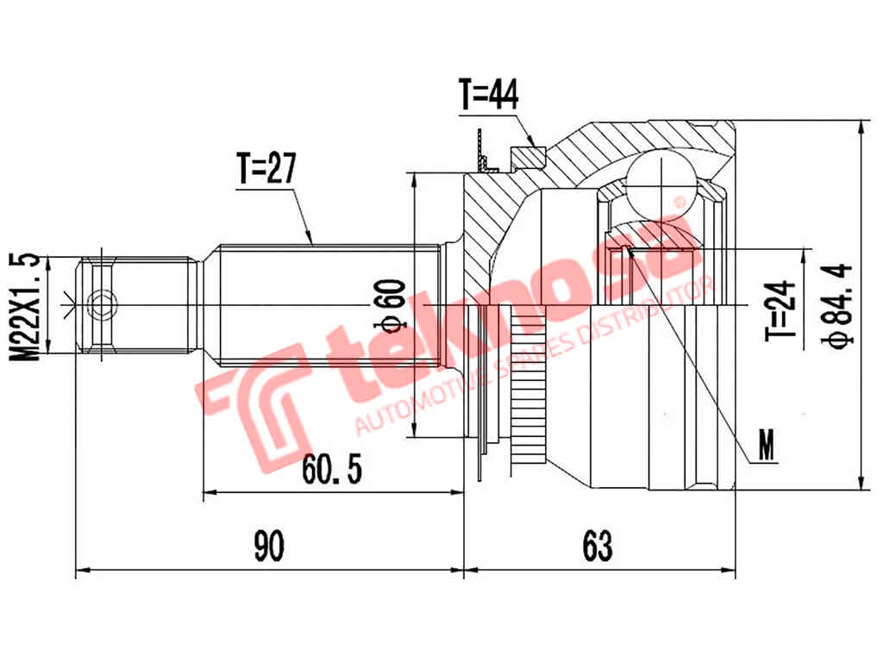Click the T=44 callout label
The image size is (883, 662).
tap(488, 95)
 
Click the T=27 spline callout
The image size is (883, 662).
tap(266, 168)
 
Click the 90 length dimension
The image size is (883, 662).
tap(269, 546)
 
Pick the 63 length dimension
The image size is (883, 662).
tap(597, 546)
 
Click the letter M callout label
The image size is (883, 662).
tap(766, 445)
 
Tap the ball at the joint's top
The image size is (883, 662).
tap(661, 182)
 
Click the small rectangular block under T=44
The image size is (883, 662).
tap(528, 158)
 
